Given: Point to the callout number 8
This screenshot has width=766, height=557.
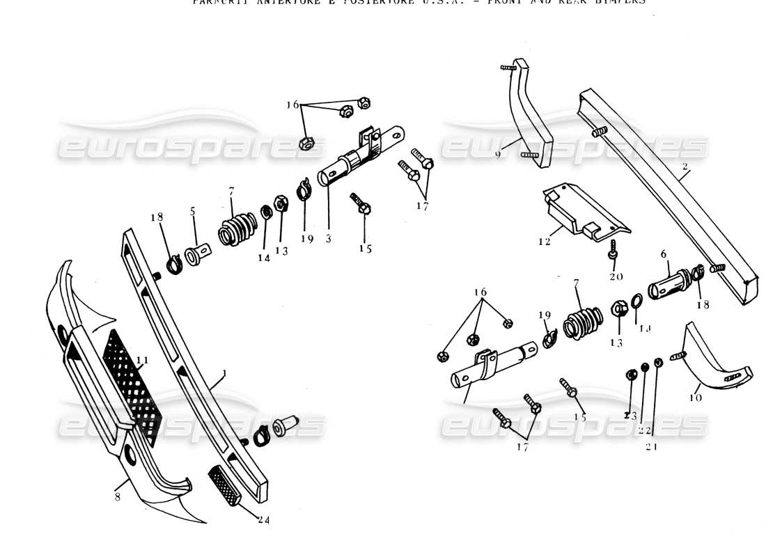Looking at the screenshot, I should click(117, 497).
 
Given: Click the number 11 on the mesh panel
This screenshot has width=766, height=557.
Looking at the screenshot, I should click(142, 360).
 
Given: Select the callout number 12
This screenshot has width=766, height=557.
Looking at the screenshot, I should click(544, 242).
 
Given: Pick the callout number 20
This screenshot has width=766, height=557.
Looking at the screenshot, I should click(615, 276).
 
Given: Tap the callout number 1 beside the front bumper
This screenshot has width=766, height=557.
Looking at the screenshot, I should click(224, 374).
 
